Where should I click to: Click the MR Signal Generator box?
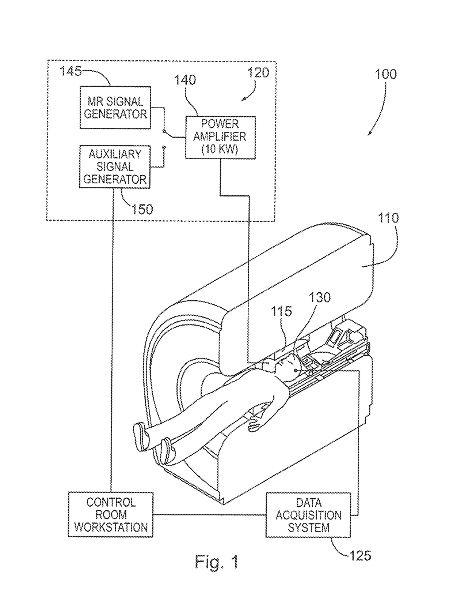[115, 108]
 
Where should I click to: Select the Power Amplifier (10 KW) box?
[220, 137]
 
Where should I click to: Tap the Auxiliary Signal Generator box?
[115, 167]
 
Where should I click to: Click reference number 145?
[71, 71]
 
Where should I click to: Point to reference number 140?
[185, 80]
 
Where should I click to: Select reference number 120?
[258, 73]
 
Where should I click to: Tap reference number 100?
[385, 74]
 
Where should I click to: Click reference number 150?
[142, 209]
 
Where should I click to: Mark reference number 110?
[388, 218]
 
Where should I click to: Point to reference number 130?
[320, 297]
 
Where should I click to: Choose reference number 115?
[281, 311]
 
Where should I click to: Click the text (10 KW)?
[220, 149]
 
